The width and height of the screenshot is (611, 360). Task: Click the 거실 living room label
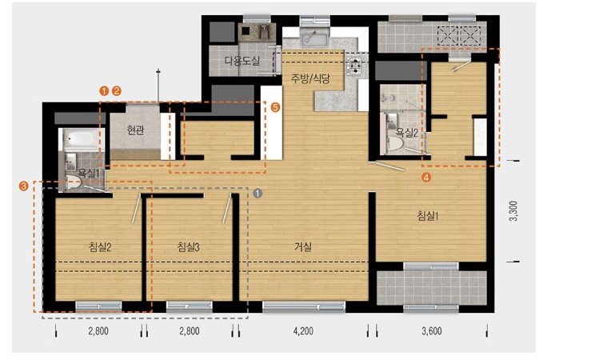coord(303,246)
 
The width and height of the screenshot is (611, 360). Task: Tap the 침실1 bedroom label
coord(428,215)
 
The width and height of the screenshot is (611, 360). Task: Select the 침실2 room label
coord(100,246)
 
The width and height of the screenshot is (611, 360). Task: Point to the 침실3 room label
coord(188,246)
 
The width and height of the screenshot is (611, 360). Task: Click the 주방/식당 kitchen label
coord(310,78)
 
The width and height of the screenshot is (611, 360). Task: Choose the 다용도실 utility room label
coord(242,61)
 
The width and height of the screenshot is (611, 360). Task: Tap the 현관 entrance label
coord(135,130)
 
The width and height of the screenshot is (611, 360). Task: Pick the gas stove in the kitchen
coord(356,65)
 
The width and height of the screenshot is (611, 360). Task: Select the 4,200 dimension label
coord(303,331)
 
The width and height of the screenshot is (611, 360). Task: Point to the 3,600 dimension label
coord(431,331)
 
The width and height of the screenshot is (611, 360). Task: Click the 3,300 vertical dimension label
coord(514,211)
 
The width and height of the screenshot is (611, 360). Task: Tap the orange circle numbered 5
coord(275,107)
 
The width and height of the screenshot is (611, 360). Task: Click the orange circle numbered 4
coord(426,178)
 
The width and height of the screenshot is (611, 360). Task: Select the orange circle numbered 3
coord(24,186)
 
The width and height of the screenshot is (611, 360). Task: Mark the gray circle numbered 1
coord(258,193)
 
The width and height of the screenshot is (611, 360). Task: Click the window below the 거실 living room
coord(304,306)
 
